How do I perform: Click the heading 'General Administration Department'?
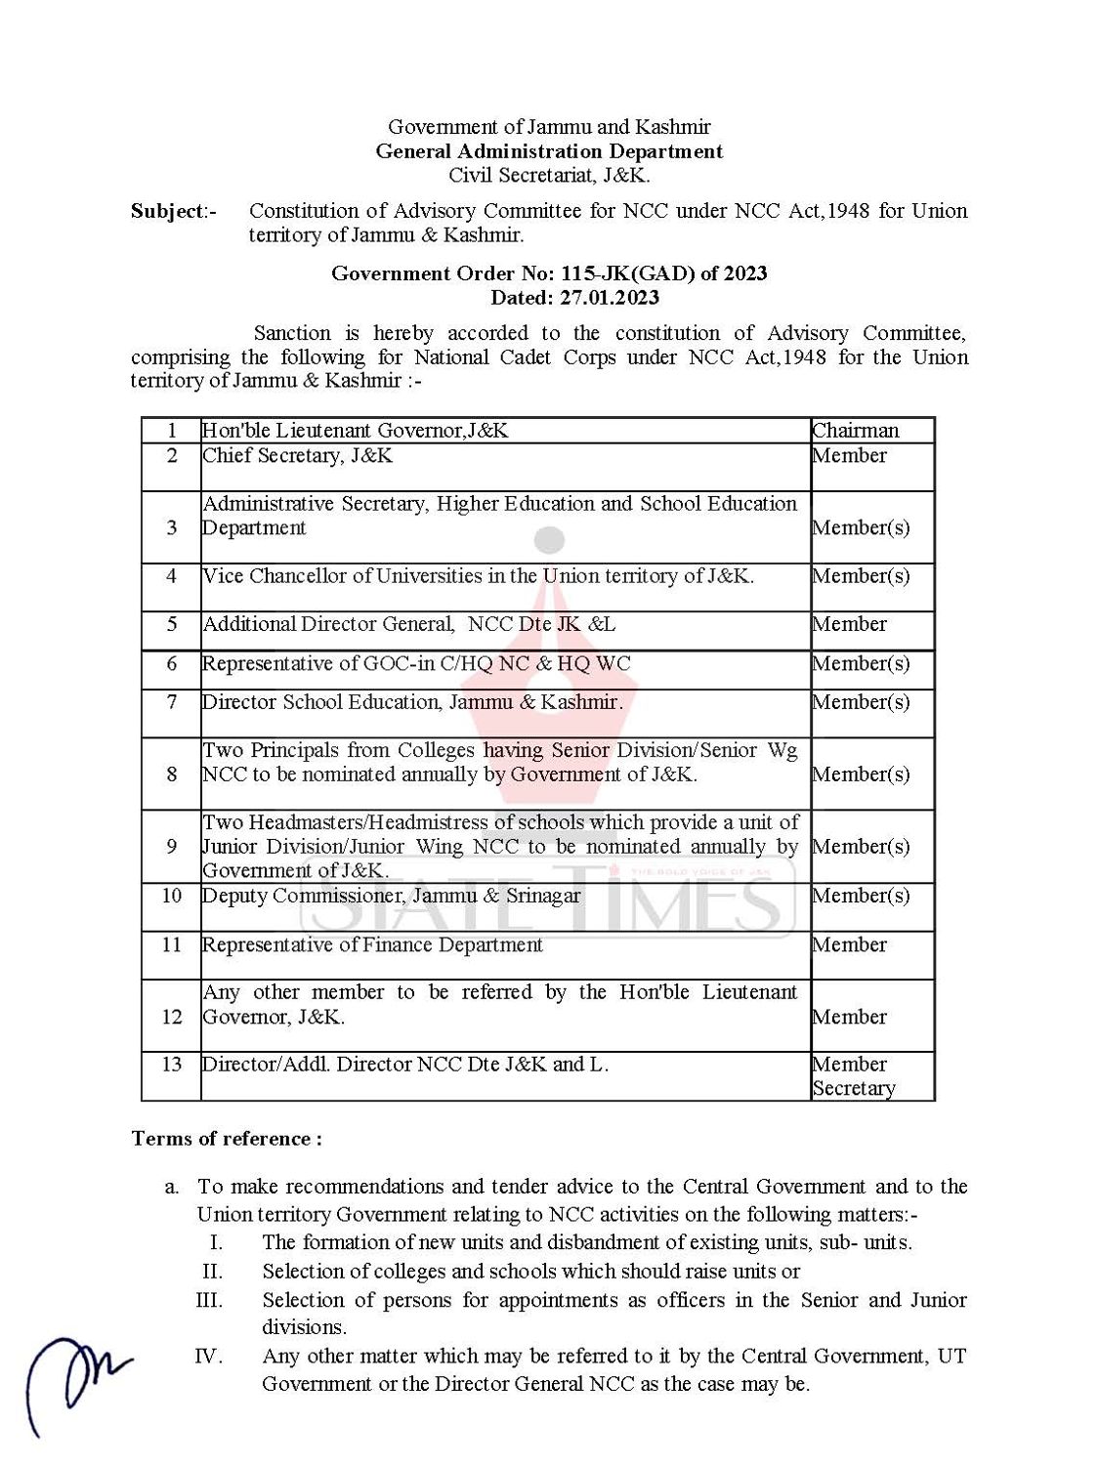tap(549, 151)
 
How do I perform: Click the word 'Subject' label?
tap(168, 211)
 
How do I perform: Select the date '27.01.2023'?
tap(609, 298)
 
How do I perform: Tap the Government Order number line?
tap(549, 273)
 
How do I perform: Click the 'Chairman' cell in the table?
tap(856, 431)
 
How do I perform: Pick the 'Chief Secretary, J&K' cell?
tap(298, 456)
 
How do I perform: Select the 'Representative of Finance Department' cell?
tap(372, 945)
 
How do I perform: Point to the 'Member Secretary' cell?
tap(854, 1076)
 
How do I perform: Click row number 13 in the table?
tap(172, 1065)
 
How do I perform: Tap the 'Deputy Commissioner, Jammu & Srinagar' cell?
tap(391, 897)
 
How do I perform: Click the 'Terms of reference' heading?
tap(227, 1139)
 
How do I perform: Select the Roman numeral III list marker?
tap(209, 1301)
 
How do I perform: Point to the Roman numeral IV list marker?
tap(209, 1357)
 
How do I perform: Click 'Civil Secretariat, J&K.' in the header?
tap(549, 176)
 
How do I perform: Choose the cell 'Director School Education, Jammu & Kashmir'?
tap(412, 702)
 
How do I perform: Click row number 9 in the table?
tap(172, 847)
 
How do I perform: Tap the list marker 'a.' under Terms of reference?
tap(172, 1188)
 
